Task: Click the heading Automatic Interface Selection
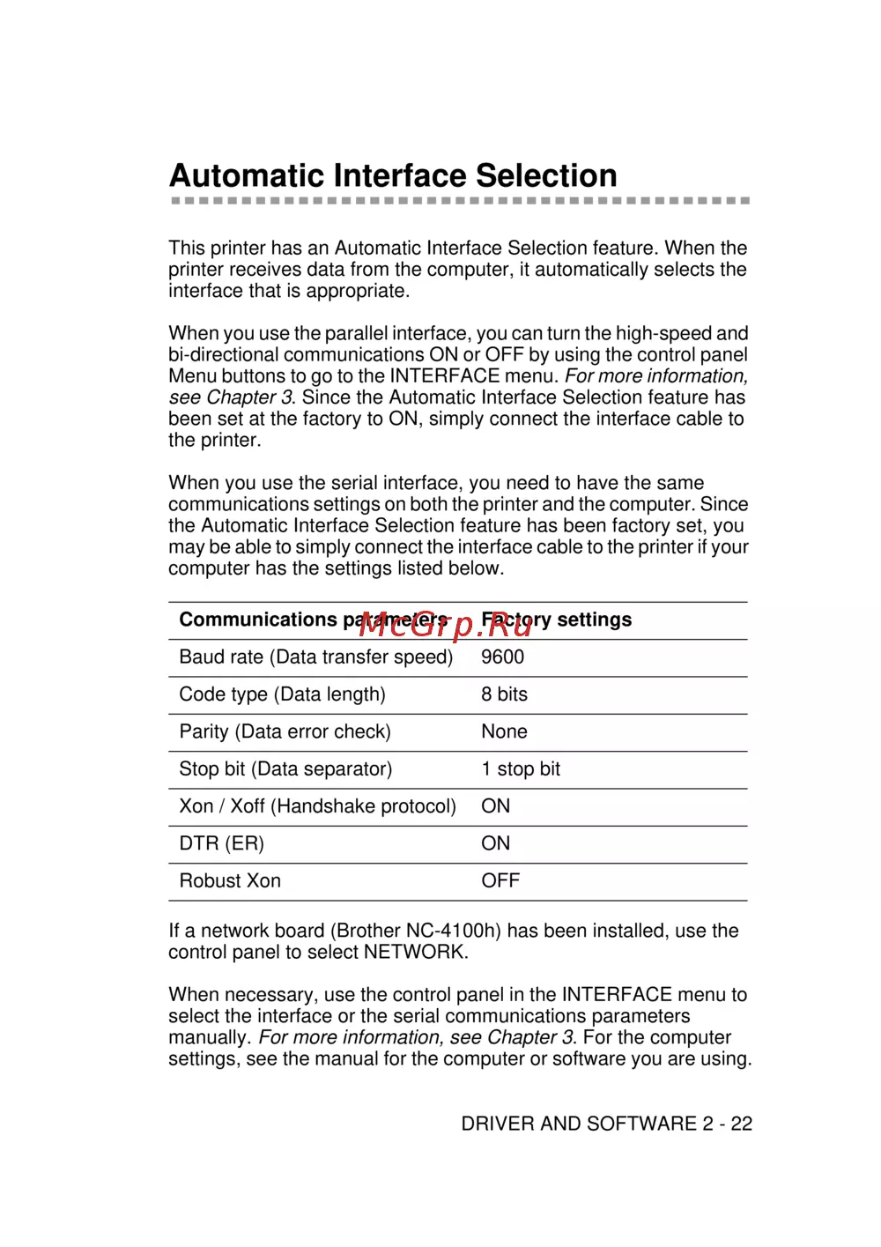tap(393, 175)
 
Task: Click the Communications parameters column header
tap(314, 620)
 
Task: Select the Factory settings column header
tap(557, 620)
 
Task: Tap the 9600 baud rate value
tap(502, 657)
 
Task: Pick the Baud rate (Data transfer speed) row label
tap(315, 657)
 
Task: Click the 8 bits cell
tap(504, 694)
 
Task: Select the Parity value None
tap(504, 731)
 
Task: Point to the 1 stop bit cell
tap(520, 769)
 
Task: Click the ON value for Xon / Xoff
tap(495, 806)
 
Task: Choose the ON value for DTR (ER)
tap(495, 843)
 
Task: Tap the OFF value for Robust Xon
tap(500, 881)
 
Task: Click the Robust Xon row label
tap(230, 881)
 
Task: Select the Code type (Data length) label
tap(282, 694)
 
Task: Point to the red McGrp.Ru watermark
tap(446, 626)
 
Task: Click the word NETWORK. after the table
tap(416, 953)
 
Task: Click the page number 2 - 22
tap(728, 1124)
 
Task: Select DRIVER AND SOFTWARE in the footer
tap(579, 1124)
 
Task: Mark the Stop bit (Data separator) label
tap(285, 769)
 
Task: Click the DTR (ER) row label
tap(221, 843)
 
